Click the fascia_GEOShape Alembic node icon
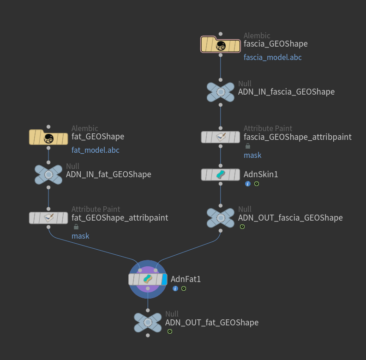coord(221,45)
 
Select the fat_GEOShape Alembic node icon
coord(48,137)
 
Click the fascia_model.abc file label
coord(272,58)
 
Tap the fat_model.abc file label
coord(95,150)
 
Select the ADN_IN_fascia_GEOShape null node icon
coord(221,92)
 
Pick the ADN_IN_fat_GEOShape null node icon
coord(48,174)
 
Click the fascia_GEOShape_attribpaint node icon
coord(221,137)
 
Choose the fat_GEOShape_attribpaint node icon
coord(48,218)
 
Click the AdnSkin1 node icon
coord(221,174)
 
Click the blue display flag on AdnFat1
coord(164,279)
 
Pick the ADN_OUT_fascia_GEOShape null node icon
coord(221,217)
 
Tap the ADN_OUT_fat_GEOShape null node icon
coord(148,323)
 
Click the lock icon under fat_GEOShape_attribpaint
coord(76,227)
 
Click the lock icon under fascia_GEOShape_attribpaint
coord(248,146)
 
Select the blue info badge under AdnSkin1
coord(248,184)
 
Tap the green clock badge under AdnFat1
coord(184,288)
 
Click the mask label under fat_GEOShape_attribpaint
coord(80,236)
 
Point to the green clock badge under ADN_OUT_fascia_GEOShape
coord(242,227)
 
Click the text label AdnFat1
coord(186,279)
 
